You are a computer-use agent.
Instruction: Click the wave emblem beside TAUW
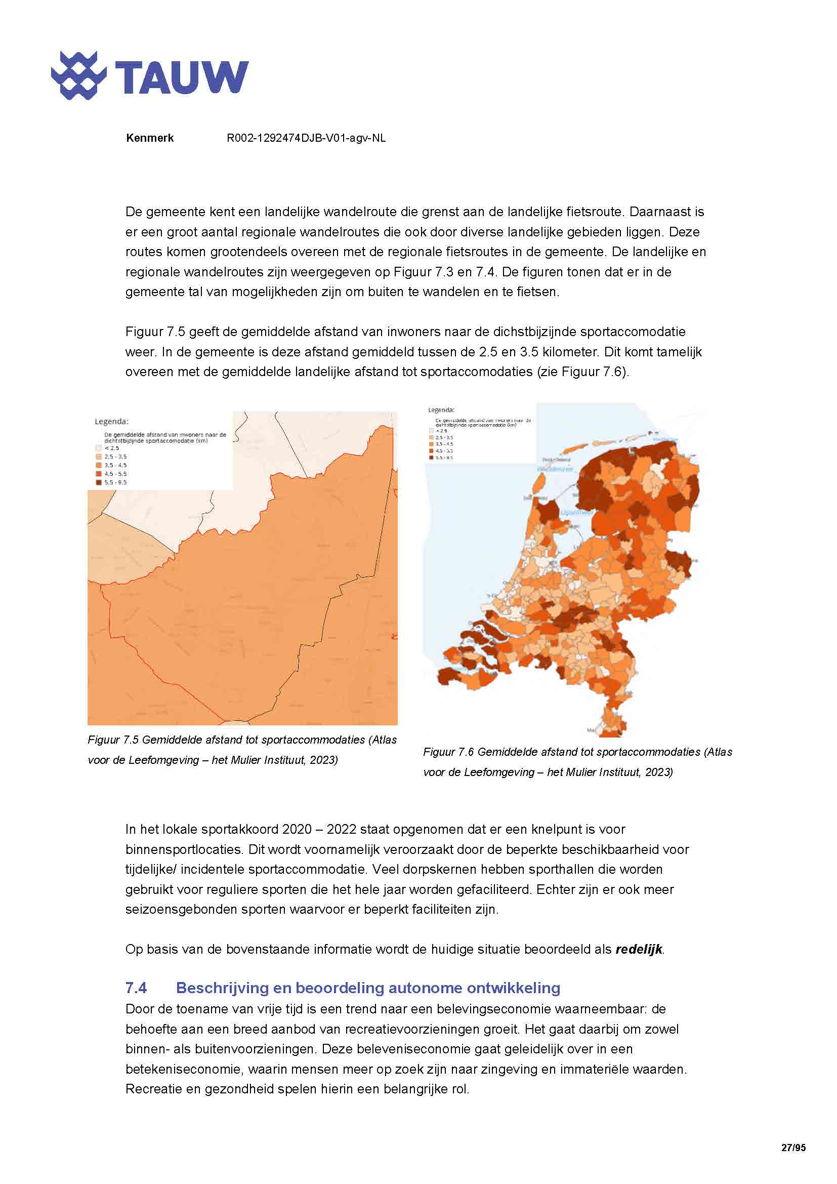coord(79,76)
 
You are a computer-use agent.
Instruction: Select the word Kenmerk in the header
coord(149,138)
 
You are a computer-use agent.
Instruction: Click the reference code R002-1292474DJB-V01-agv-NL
coord(306,138)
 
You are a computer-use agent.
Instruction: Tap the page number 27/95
coord(793,1148)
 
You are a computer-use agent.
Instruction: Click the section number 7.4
coord(136,988)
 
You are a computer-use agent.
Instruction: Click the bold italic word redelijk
coord(639,949)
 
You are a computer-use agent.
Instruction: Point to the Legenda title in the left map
coord(111,421)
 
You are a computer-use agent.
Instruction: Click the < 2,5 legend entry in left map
coord(111,448)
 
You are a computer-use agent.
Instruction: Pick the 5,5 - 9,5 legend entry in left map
coord(115,482)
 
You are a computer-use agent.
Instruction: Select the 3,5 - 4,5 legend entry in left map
coord(115,465)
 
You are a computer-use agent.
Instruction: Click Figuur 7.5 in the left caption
coord(113,740)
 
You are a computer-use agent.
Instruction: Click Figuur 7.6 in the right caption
coord(448,752)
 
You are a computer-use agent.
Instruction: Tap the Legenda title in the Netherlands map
coord(441,410)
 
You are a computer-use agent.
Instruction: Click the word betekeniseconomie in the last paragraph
coord(178,1069)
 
